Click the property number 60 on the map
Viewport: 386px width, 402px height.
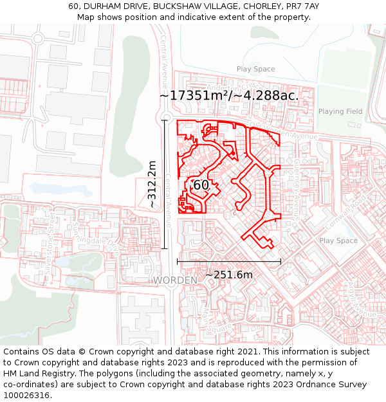pos(201,185)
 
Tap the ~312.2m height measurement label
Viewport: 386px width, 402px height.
pos(152,184)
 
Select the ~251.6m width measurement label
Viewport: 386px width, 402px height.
pos(228,275)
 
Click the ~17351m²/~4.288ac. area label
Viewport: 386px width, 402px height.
pos(228,95)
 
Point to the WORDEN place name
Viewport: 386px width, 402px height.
pos(175,281)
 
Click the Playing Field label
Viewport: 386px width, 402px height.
pos(340,111)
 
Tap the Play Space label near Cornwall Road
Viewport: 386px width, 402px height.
pos(338,241)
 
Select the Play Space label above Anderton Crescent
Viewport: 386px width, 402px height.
pos(255,69)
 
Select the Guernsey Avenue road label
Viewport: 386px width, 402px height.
pos(297,187)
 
